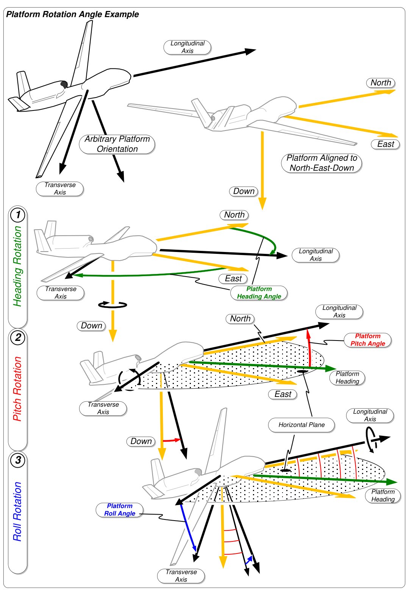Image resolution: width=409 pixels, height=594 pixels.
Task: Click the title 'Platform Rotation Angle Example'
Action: (x=72, y=14)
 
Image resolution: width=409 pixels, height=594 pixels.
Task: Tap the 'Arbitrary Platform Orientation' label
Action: (x=117, y=144)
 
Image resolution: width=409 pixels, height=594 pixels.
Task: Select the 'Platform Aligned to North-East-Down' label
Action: (x=322, y=163)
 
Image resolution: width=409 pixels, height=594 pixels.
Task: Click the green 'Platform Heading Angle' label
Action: (x=259, y=293)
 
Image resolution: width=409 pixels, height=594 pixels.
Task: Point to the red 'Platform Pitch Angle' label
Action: (x=368, y=340)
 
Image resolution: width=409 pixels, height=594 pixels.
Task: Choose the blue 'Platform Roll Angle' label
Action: (x=120, y=510)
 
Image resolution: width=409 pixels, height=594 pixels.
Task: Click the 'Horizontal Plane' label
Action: (x=301, y=425)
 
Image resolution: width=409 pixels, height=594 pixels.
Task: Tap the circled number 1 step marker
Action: (x=18, y=215)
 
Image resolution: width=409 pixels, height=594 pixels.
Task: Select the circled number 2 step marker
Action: (x=18, y=337)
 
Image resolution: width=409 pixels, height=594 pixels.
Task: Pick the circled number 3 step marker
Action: (x=18, y=460)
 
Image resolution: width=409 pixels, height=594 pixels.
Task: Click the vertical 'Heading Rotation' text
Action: (x=17, y=266)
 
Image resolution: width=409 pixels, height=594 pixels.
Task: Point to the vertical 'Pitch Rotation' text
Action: (x=17, y=389)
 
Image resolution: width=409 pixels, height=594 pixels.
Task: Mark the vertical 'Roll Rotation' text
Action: (x=17, y=511)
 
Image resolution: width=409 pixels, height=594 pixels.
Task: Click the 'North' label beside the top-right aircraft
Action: (x=381, y=83)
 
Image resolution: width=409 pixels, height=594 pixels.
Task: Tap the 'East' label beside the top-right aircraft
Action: (x=386, y=144)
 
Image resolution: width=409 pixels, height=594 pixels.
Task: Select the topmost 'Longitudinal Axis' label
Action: (x=187, y=47)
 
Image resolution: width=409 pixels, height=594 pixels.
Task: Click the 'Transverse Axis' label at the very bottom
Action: (x=181, y=576)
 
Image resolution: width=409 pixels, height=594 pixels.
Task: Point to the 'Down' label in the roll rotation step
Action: (x=141, y=441)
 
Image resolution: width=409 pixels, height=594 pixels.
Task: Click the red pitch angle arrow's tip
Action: (x=308, y=330)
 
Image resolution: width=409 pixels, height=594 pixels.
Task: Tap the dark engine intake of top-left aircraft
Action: (x=64, y=84)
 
